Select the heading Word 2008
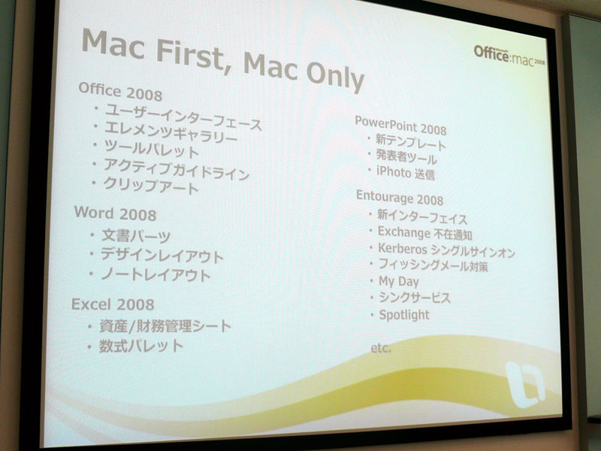(116, 213)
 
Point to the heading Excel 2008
(113, 304)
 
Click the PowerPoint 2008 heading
(400, 126)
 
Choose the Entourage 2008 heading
(400, 197)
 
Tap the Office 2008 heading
(120, 91)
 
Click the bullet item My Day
(399, 282)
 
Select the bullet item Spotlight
(404, 315)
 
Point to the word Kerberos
(403, 249)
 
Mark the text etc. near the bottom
(381, 348)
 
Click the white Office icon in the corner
(525, 383)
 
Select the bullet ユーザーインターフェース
(183, 117)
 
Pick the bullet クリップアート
(151, 186)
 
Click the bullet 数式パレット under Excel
(141, 346)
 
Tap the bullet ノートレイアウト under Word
(156, 274)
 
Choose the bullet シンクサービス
(415, 298)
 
